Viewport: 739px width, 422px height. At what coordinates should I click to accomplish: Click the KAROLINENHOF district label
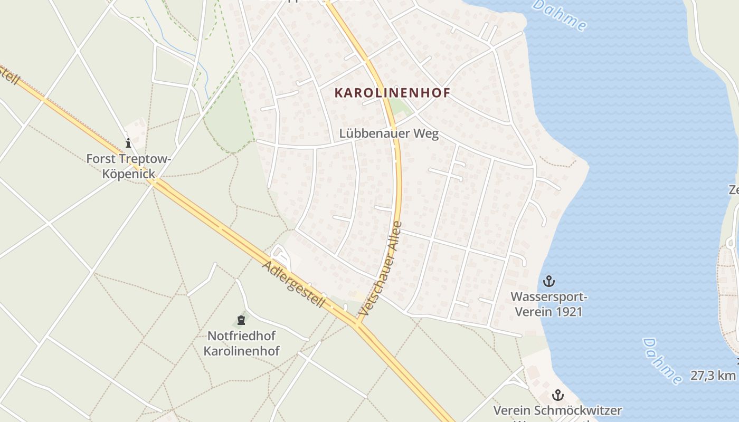392,93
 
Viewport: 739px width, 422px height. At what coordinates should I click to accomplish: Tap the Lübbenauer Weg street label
389,133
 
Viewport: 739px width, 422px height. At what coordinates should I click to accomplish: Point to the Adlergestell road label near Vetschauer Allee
293,284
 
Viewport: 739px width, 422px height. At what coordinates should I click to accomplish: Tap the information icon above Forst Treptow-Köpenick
128,143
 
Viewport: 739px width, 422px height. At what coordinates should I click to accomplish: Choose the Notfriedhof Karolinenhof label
242,343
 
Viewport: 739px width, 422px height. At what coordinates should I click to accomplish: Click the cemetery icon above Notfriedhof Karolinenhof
241,320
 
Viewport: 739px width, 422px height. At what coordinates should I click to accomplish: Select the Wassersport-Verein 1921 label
549,304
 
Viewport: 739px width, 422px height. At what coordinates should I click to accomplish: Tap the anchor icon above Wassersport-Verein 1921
549,280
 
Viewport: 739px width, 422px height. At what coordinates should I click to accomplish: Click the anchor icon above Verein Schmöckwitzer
557,395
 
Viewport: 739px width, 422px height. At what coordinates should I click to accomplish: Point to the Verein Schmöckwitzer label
557,410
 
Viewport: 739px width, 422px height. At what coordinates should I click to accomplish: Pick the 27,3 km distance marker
713,376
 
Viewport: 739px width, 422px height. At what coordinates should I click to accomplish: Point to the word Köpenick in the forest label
129,174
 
